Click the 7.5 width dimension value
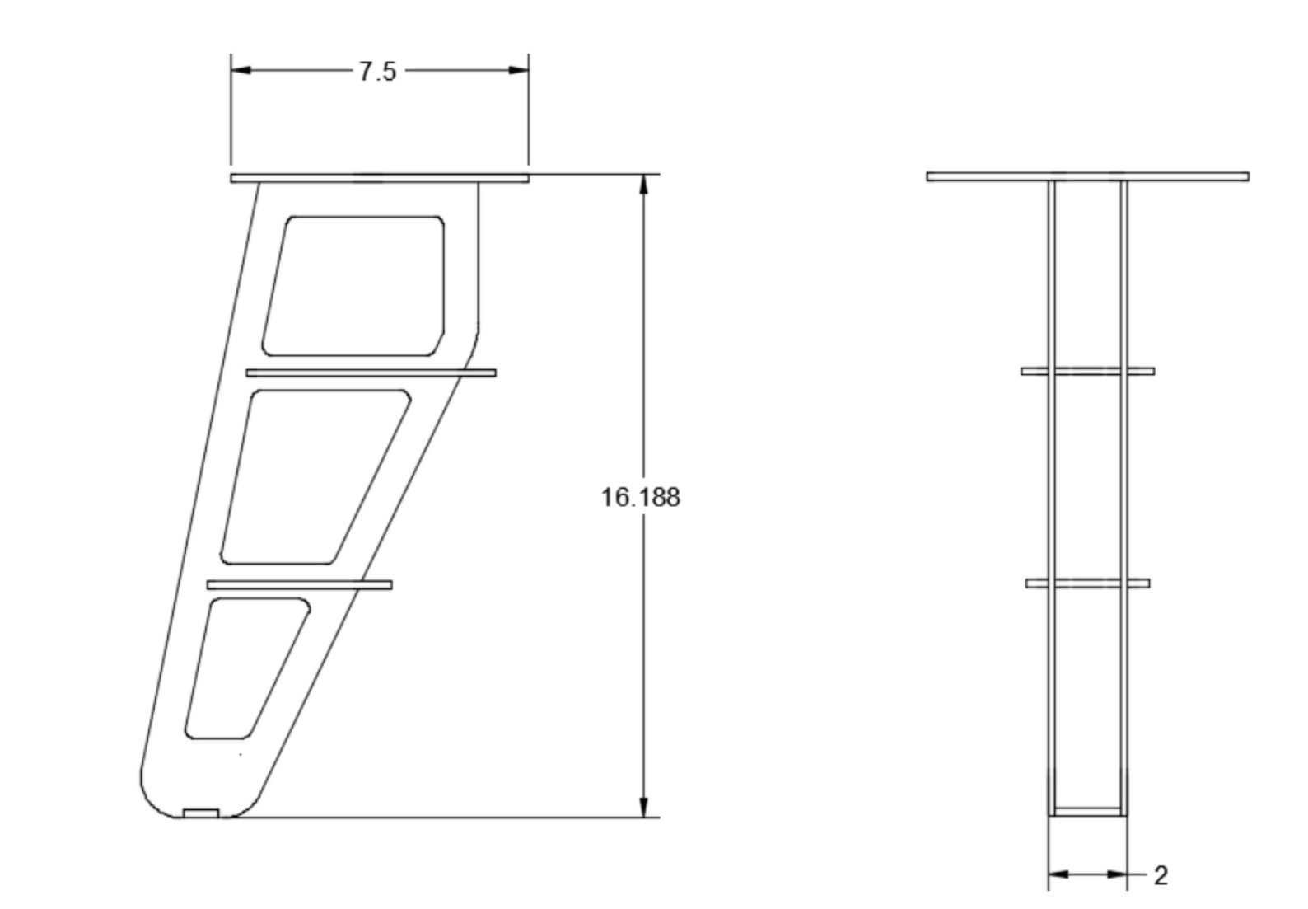[x=378, y=72]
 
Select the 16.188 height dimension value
[x=641, y=498]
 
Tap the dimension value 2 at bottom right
[x=1161, y=876]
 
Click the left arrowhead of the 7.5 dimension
[x=241, y=71]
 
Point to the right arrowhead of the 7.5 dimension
[x=519, y=71]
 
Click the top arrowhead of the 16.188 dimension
[x=644, y=185]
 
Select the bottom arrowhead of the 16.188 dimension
[x=644, y=808]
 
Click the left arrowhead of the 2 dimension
[x=1058, y=874]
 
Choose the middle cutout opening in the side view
[x=315, y=476]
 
